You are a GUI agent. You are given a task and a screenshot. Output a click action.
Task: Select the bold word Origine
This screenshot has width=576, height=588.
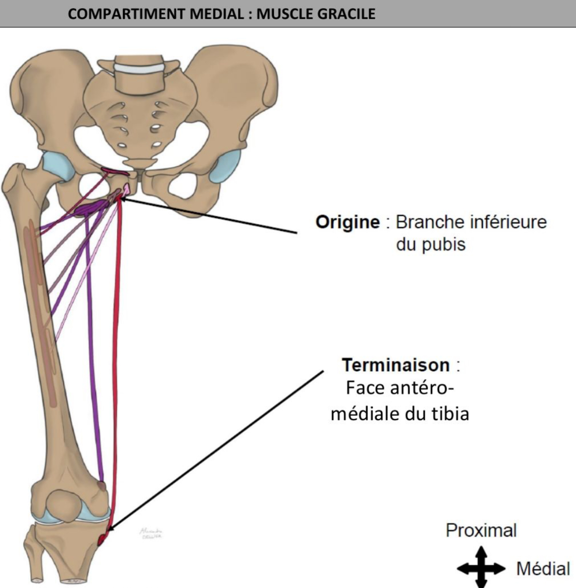click(x=347, y=222)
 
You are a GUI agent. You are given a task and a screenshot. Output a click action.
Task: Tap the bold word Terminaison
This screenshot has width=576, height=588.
click(x=395, y=365)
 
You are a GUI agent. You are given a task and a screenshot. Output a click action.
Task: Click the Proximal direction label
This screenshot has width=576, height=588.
click(x=481, y=530)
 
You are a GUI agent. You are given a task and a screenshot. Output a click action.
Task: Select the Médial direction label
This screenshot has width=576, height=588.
click(x=543, y=569)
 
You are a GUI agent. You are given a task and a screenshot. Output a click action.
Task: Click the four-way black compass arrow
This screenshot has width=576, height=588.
click(x=481, y=568)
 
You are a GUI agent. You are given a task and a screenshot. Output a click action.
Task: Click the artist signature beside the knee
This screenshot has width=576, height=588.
click(x=151, y=533)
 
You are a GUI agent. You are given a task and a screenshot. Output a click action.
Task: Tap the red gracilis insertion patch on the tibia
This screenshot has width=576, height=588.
click(x=102, y=540)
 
